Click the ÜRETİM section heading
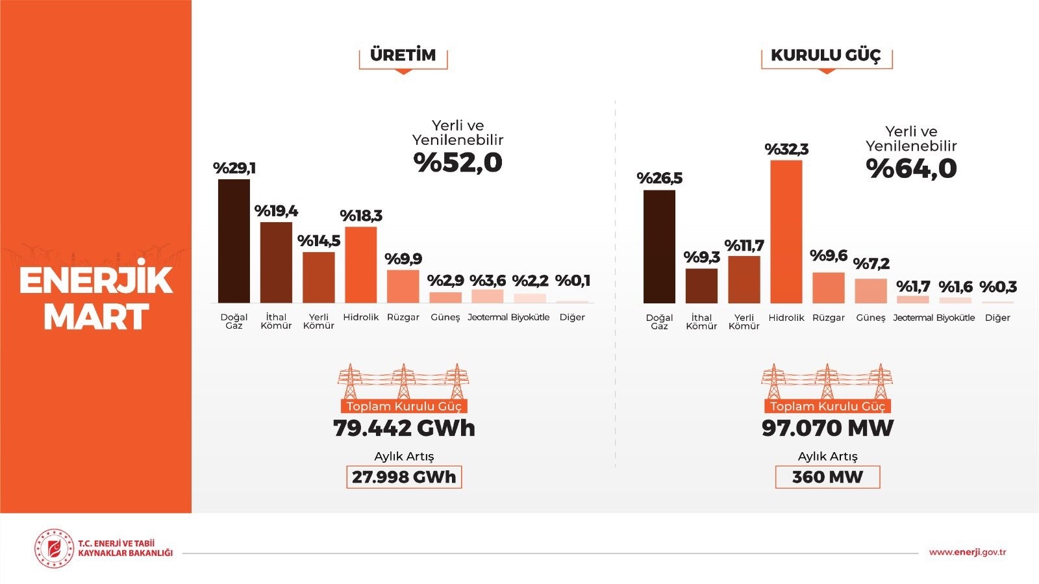click(403, 55)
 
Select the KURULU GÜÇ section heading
click(826, 55)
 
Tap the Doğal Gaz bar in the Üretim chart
click(234, 241)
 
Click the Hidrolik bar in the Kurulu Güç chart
click(786, 232)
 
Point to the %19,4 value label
click(276, 211)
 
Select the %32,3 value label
click(786, 149)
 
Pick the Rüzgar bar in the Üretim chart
click(403, 286)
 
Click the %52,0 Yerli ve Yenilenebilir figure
click(458, 162)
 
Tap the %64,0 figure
click(911, 169)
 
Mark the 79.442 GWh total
click(404, 428)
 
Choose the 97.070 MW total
click(827, 428)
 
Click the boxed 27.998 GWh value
click(404, 477)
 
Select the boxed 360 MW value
click(827, 477)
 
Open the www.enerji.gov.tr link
click(967, 552)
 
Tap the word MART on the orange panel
click(96, 317)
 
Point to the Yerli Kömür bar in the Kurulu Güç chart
click(744, 280)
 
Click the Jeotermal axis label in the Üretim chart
click(487, 317)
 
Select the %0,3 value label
click(998, 286)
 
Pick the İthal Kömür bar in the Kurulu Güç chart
click(701, 286)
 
